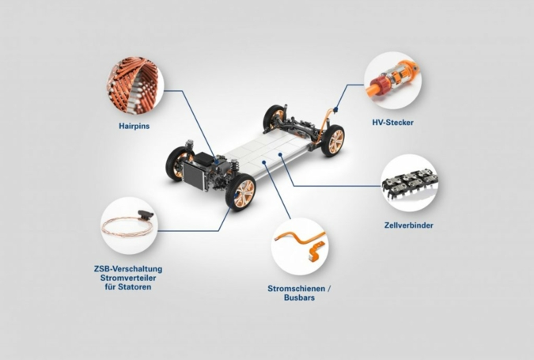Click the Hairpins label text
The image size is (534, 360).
click(134, 126)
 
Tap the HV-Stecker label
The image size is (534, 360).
click(392, 123)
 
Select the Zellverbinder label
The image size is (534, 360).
click(409, 225)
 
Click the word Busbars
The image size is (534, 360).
click(299, 297)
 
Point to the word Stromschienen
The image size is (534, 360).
click(297, 289)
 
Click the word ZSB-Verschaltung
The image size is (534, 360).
click(128, 269)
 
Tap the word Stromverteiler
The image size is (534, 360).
click(128, 278)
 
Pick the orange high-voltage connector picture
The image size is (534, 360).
click(392, 81)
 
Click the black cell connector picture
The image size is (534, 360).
click(409, 184)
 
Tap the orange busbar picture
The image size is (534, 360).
click(300, 242)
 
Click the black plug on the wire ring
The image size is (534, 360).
click(146, 214)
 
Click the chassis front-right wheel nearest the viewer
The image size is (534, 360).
click(240, 192)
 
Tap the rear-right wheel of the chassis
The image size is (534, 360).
click(333, 141)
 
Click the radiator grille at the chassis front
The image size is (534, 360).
click(194, 176)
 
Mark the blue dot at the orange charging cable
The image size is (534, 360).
click(335, 109)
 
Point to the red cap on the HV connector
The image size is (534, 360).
click(377, 83)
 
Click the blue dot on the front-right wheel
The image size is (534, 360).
click(236, 195)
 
